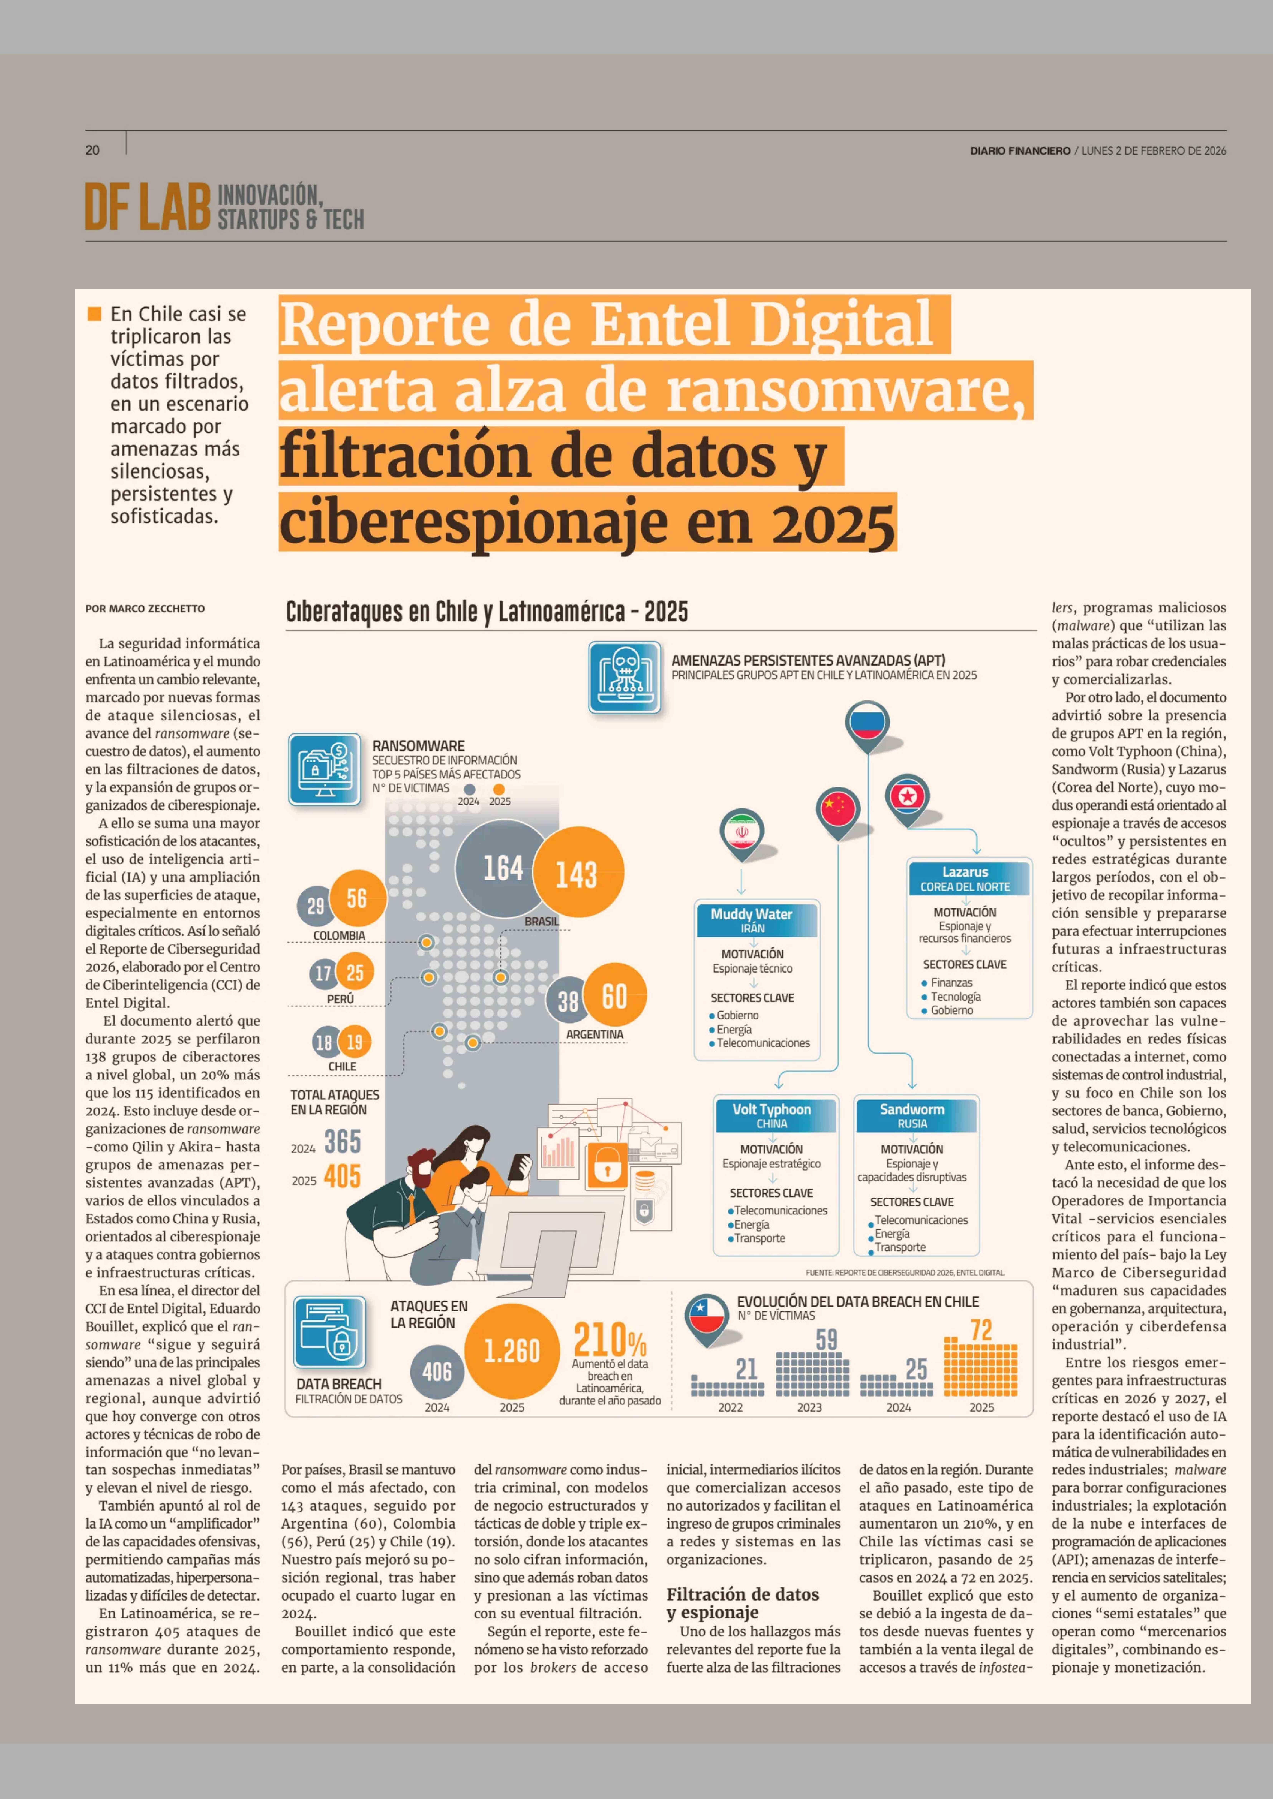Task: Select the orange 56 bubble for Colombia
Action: click(357, 899)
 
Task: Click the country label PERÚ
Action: click(340, 999)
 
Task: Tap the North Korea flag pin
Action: click(908, 798)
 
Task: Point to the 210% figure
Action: click(610, 1340)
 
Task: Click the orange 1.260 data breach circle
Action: click(512, 1351)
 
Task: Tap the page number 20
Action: click(93, 150)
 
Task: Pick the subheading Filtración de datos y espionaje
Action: click(742, 1603)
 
